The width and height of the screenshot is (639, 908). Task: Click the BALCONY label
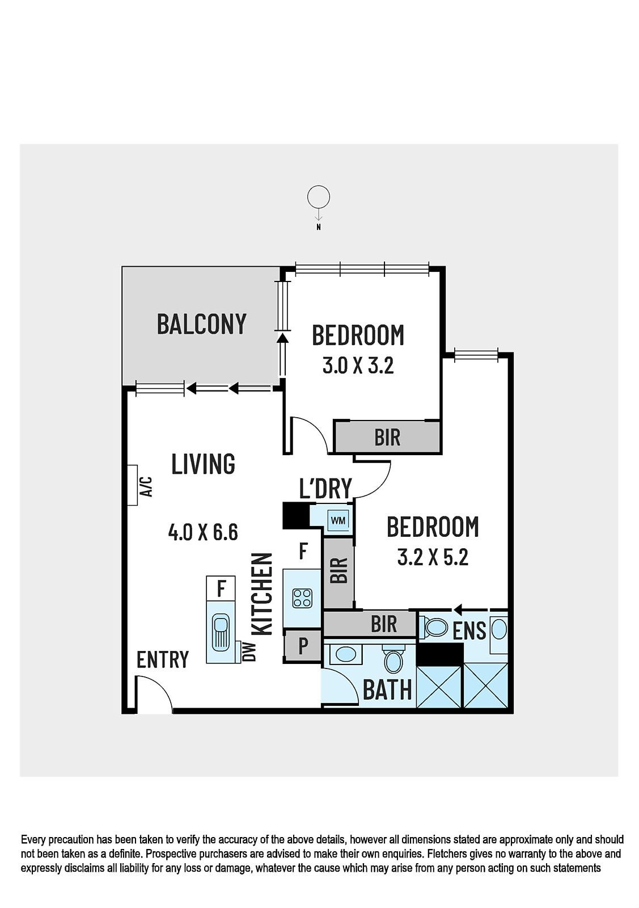pos(202,324)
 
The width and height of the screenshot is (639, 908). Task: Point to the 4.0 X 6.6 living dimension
pos(203,532)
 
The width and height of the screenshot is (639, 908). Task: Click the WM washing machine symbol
pos(338,520)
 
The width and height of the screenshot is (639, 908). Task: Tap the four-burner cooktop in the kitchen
pos(303,598)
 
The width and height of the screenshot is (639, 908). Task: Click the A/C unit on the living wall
pos(133,485)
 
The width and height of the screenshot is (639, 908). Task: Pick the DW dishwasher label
pos(251,652)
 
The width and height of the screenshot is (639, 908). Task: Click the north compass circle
pos(318,197)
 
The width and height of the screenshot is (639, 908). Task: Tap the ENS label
pos(469,630)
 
